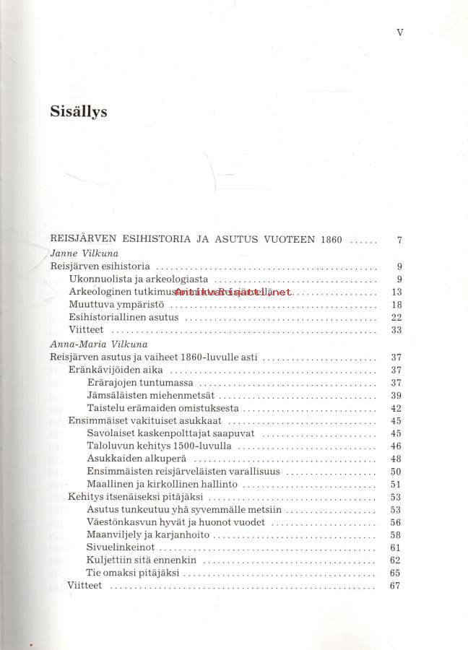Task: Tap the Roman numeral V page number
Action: click(400, 32)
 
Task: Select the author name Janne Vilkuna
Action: click(84, 253)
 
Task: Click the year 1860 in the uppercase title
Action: click(327, 240)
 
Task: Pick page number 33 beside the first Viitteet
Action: click(395, 329)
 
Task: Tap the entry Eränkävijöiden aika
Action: click(115, 370)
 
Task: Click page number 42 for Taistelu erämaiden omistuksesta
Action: click(395, 408)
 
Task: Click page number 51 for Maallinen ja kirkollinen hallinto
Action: click(395, 484)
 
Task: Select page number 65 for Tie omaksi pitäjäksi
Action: click(395, 573)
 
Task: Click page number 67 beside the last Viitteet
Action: click(395, 586)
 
